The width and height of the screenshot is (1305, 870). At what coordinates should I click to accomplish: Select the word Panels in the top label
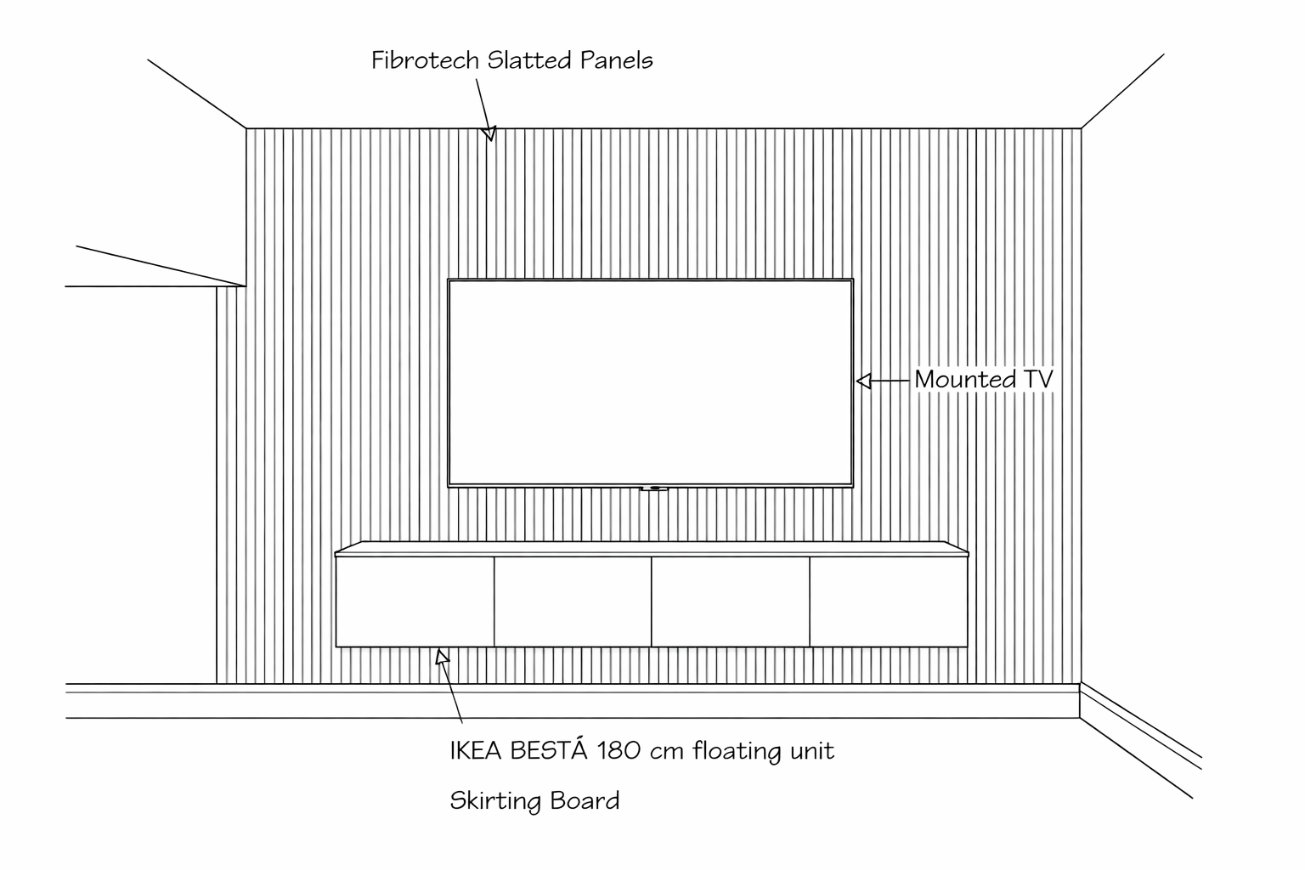click(x=616, y=60)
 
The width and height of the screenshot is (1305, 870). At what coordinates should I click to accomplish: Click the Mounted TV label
click(x=983, y=380)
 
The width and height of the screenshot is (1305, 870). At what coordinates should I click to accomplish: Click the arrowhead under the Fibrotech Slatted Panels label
click(x=489, y=133)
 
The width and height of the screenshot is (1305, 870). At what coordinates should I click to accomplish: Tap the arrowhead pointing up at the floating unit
click(x=442, y=656)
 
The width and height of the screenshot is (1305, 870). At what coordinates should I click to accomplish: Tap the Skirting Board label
click(x=534, y=801)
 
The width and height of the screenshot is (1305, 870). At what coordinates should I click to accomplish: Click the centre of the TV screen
click(x=650, y=382)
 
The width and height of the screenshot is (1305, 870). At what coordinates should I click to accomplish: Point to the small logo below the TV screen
click(x=653, y=489)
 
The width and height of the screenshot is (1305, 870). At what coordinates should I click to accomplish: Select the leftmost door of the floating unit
click(x=415, y=602)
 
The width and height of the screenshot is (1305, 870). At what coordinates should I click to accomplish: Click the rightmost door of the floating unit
click(x=888, y=602)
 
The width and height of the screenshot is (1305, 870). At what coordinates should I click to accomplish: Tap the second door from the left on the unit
click(x=573, y=602)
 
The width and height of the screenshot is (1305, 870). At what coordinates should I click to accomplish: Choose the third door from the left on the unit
click(x=731, y=602)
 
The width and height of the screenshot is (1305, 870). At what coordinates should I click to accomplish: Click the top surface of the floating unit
click(x=652, y=549)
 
